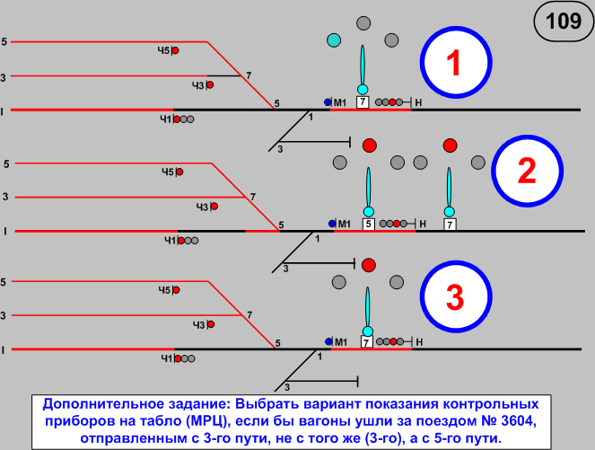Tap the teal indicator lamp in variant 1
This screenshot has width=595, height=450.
tap(334, 40)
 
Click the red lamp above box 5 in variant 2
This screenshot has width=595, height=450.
tap(369, 145)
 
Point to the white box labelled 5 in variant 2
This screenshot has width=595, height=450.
tap(368, 224)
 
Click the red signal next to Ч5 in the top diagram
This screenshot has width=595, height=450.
tap(175, 51)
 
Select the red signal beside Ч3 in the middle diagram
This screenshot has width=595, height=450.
tap(214, 207)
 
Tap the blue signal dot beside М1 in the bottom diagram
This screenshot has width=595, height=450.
tap(328, 341)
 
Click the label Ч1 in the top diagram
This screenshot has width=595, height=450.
tap(165, 119)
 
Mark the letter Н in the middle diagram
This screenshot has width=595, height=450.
tap(424, 224)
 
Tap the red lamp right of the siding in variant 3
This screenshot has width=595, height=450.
tap(369, 265)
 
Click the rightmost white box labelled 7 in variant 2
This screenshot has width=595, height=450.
tap(449, 224)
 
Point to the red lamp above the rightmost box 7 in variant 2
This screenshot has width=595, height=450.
tap(450, 145)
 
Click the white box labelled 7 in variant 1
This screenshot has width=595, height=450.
tap(363, 102)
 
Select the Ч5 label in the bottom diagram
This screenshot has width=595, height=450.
tap(164, 290)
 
